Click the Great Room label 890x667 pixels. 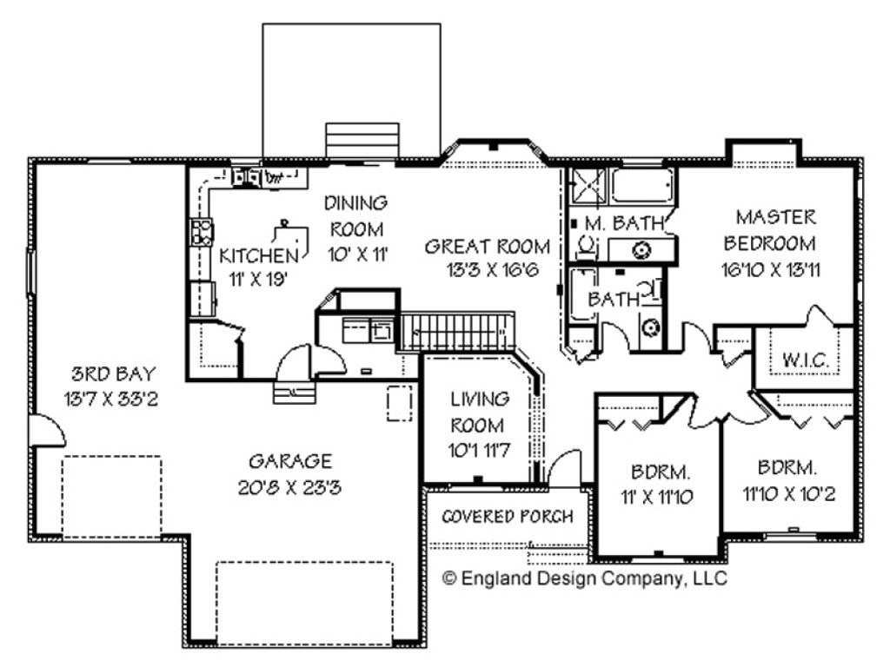click(x=487, y=247)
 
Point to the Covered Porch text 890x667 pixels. click(x=508, y=517)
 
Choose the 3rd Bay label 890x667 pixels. click(x=114, y=375)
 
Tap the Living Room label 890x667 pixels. click(x=479, y=413)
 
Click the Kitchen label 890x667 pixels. click(x=258, y=255)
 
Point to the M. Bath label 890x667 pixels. click(x=624, y=223)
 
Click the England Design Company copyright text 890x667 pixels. click(x=585, y=578)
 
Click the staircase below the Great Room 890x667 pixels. click(x=458, y=331)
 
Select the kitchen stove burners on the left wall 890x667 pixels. click(x=202, y=232)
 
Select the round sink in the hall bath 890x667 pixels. click(x=651, y=327)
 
